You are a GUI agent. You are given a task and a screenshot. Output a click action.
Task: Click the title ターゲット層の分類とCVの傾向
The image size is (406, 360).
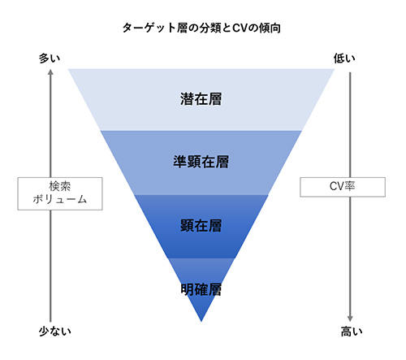pos(201,28)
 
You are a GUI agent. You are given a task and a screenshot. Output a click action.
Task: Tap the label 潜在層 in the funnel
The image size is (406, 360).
pos(201,99)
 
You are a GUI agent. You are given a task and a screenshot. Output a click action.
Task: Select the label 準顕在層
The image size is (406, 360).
pos(201,162)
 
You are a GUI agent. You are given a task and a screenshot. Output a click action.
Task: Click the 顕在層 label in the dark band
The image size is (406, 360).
pos(201,226)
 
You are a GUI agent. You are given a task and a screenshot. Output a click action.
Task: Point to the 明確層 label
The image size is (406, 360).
pos(201,289)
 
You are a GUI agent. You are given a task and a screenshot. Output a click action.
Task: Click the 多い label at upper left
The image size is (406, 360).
pos(50,59)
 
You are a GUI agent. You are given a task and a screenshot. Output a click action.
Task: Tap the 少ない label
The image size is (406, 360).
pos(55,332)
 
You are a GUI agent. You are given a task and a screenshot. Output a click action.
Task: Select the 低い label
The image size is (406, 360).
pos(344,59)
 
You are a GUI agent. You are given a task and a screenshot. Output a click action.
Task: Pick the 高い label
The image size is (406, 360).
pos(352,332)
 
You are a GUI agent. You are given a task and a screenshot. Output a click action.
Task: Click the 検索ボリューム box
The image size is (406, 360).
pos(60,193)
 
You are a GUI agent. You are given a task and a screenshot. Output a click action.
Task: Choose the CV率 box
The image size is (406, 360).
pos(343,187)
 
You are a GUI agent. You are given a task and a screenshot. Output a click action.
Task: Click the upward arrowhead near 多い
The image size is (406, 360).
pos(50,72)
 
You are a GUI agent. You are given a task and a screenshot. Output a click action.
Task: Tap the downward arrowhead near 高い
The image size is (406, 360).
pos(350,319)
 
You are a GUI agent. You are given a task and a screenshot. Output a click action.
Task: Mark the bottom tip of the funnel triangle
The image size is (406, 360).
pos(201,322)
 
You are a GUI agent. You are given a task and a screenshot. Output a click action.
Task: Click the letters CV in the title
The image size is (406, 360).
pos(240,28)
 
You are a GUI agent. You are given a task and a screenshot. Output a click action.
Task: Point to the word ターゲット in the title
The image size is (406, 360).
pos(149,28)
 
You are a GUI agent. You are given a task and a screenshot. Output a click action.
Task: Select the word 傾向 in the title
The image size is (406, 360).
pos(270,28)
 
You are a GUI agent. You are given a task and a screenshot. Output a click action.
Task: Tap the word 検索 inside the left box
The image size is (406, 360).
pos(60,186)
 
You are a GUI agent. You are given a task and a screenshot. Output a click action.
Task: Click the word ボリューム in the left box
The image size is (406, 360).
pos(60,200)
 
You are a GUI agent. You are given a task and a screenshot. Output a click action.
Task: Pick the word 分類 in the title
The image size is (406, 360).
pos(210,28)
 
